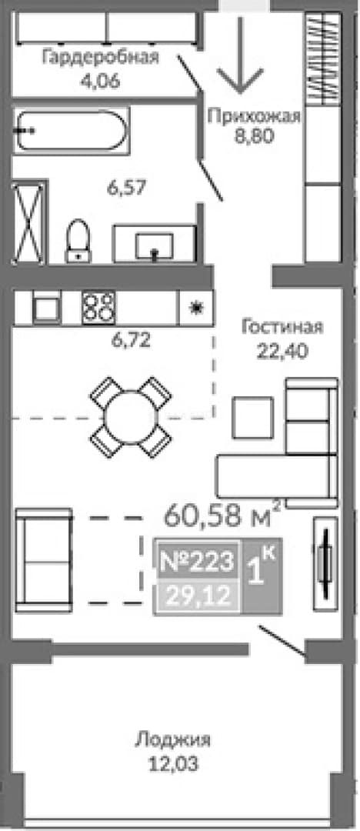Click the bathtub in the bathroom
point(71,131)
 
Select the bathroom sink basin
point(154,246)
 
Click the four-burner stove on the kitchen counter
point(98,307)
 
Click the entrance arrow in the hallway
point(240,55)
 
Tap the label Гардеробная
point(101,57)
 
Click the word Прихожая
point(254,116)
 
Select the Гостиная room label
point(282,326)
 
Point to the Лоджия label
point(173,739)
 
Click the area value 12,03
point(173,764)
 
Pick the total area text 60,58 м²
point(222,515)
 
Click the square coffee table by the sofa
point(253,417)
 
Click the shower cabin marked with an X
point(30,222)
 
